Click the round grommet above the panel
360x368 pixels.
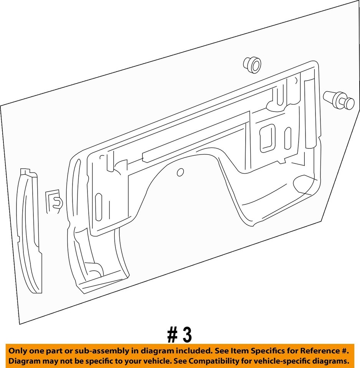[x=252, y=64]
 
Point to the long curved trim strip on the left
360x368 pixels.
[x=30, y=230]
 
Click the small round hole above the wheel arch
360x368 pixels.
[x=180, y=172]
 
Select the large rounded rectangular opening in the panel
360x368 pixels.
[x=267, y=138]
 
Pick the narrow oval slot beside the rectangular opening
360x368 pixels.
[x=287, y=138]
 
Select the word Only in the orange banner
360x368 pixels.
[x=18, y=351]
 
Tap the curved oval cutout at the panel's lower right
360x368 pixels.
[x=307, y=184]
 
